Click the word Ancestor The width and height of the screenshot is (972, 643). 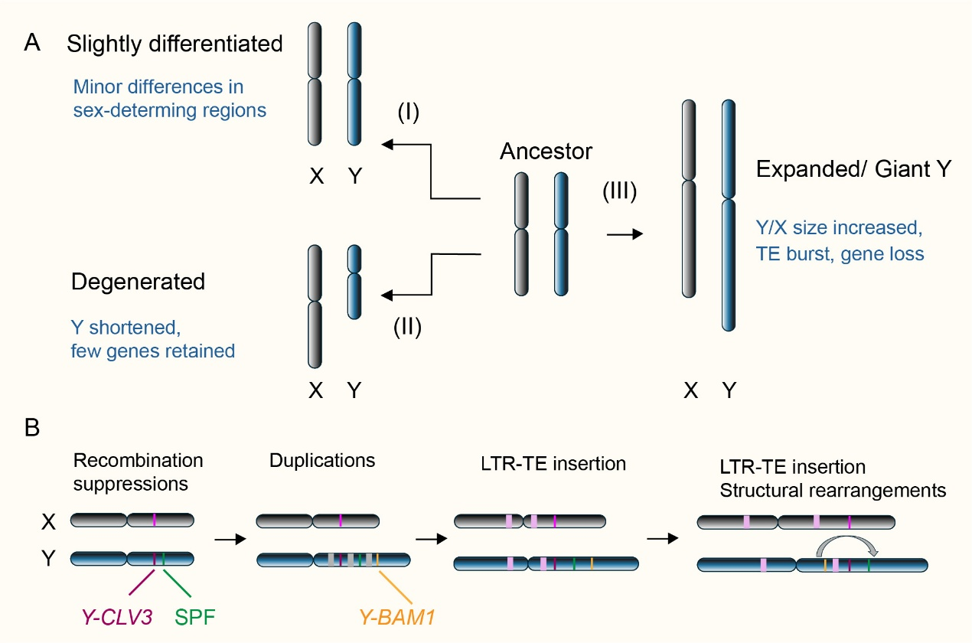click(x=546, y=151)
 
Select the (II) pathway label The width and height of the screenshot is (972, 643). click(x=408, y=327)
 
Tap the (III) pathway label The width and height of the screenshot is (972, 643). click(x=621, y=191)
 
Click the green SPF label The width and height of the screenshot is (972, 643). click(x=197, y=615)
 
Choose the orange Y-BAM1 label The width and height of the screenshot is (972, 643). click(x=397, y=615)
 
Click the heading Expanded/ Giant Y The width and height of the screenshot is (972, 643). click(x=853, y=170)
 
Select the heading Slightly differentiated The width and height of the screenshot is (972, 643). click(x=175, y=44)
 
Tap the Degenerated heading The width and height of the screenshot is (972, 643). click(x=138, y=282)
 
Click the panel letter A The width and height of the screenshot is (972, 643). click(x=32, y=43)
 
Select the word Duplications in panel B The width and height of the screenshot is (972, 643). click(x=322, y=461)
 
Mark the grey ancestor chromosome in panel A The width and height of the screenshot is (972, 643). click(x=521, y=233)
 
